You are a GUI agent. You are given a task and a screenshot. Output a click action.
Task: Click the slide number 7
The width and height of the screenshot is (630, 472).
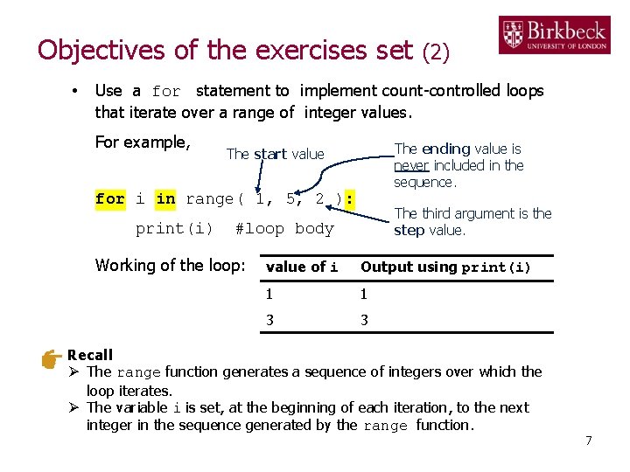click(x=589, y=441)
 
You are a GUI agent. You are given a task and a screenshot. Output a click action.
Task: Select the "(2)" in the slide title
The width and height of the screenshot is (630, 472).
click(x=436, y=52)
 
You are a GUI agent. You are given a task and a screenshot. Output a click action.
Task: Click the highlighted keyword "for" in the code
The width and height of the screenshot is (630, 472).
click(x=109, y=199)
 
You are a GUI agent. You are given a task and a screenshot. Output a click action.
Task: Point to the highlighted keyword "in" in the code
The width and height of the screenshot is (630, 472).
click(x=165, y=199)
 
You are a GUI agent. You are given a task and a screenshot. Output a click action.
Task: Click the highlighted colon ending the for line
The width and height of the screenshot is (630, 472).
click(x=349, y=199)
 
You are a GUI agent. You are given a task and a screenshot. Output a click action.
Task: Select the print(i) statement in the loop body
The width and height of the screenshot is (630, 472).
click(x=174, y=229)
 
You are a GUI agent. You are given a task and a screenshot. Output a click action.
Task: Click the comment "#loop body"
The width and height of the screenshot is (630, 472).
click(x=285, y=229)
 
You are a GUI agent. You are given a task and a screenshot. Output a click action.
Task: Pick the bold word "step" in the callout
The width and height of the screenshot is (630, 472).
click(x=409, y=231)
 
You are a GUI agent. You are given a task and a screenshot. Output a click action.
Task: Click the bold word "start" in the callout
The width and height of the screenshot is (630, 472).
click(x=270, y=154)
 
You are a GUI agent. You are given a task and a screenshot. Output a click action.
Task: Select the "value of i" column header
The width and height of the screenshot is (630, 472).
click(x=302, y=267)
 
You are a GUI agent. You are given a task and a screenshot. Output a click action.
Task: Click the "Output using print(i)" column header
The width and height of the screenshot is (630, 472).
click(x=445, y=267)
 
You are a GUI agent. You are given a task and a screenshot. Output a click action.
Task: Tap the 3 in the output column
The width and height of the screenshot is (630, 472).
click(x=364, y=320)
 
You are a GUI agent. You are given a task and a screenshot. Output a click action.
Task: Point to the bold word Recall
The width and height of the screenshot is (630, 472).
click(x=90, y=355)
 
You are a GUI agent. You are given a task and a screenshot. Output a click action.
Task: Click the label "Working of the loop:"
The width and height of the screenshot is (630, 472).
click(x=170, y=265)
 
